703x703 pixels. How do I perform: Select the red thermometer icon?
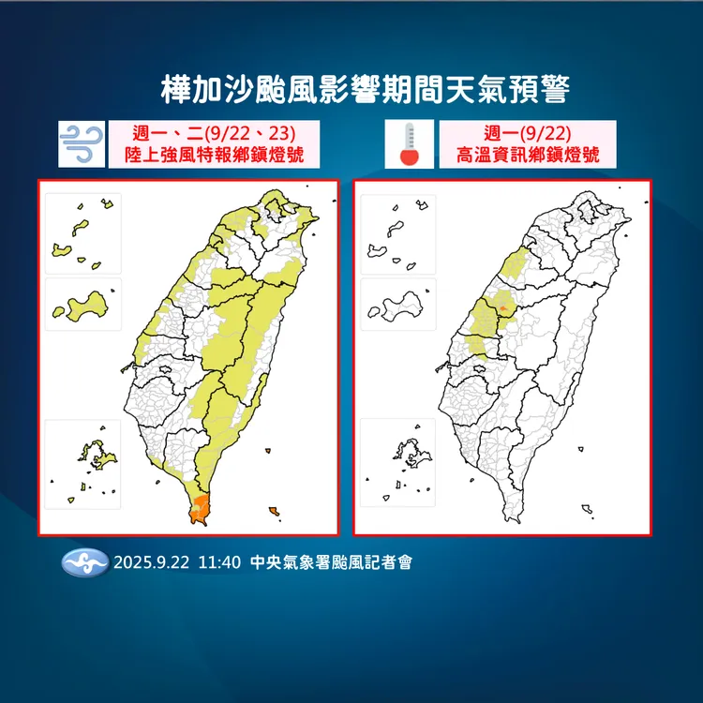tap(408, 143)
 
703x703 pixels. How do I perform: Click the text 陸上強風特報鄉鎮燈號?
tap(214, 155)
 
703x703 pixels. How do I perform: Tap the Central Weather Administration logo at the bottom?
tap(84, 563)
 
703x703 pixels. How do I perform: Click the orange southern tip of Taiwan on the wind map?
tap(200, 510)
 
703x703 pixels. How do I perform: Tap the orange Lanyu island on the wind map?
tap(274, 511)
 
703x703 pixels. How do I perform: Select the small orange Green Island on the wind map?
tap(268, 452)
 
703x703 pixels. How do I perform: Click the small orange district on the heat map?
tap(503, 307)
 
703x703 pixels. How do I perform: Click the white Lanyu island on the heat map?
tap(588, 511)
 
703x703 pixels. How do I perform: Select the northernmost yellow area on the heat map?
tap(514, 262)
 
